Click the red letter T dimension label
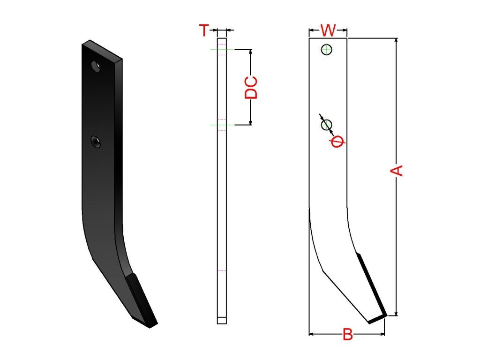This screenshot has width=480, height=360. (204, 30)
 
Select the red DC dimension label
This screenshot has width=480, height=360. (251, 88)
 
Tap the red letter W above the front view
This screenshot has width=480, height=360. (328, 30)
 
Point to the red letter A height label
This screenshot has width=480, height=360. (397, 171)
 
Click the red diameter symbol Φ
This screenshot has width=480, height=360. (337, 141)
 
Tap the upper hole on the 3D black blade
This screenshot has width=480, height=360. (96, 67)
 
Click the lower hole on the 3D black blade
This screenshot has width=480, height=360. (96, 142)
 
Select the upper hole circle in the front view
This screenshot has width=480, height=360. (327, 49)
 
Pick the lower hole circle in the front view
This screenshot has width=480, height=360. (326, 125)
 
